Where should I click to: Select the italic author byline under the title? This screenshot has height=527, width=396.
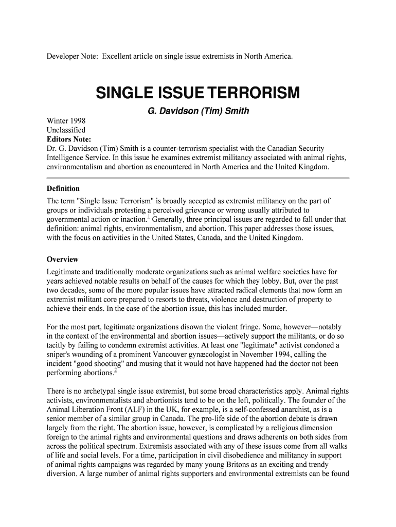coord(198,111)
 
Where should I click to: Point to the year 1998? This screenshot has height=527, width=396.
coord(76,121)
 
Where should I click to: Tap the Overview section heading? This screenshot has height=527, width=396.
coord(62,259)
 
